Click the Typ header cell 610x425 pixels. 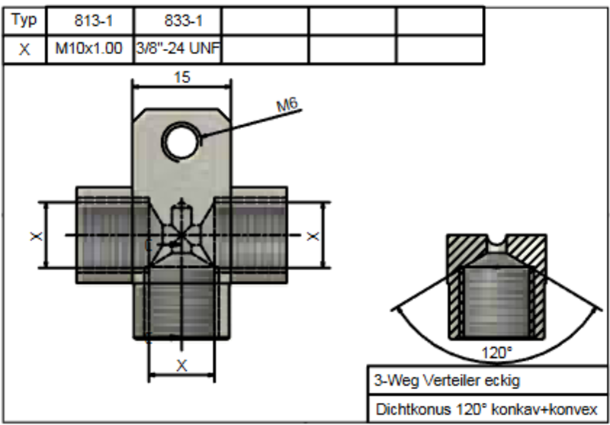(x=24, y=21)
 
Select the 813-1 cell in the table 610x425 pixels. (x=90, y=21)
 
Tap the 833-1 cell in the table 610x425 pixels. (x=177, y=21)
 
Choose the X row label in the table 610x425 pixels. (x=24, y=50)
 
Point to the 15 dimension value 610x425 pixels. (x=181, y=76)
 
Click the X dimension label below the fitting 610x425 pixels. (x=181, y=365)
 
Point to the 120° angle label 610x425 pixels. (x=496, y=353)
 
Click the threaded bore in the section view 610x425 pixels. (x=496, y=301)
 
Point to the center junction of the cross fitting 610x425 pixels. (x=181, y=233)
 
